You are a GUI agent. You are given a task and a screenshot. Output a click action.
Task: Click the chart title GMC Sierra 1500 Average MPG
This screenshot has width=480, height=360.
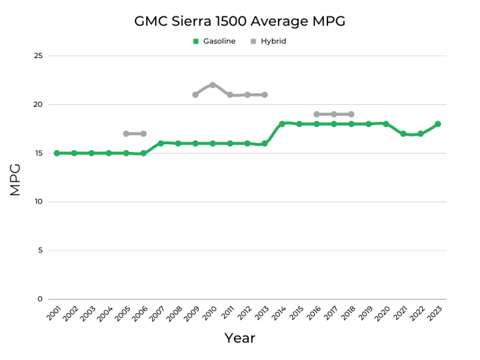pyautogui.click(x=240, y=21)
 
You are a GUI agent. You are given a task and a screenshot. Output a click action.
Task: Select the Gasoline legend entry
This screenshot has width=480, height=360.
pyautogui.click(x=214, y=41)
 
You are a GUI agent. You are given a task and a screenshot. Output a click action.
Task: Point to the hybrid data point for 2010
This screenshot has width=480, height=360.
pyautogui.click(x=212, y=85)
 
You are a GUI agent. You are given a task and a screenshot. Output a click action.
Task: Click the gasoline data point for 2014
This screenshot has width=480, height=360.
pyautogui.click(x=282, y=124)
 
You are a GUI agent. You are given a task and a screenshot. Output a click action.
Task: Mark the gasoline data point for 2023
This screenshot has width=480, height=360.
pyautogui.click(x=438, y=124)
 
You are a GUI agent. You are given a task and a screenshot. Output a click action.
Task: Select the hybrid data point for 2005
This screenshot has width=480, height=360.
pyautogui.click(x=126, y=134)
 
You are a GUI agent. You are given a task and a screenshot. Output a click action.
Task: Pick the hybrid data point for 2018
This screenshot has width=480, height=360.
pyautogui.click(x=351, y=114)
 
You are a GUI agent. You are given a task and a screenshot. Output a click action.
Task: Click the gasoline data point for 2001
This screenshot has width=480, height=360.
pyautogui.click(x=57, y=153)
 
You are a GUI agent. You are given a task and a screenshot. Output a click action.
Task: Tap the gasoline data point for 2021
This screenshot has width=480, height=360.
pyautogui.click(x=403, y=134)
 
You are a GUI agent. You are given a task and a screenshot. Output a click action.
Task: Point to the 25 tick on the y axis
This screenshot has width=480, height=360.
pyautogui.click(x=38, y=56)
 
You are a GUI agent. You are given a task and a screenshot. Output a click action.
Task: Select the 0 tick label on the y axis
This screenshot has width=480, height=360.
pyautogui.click(x=40, y=299)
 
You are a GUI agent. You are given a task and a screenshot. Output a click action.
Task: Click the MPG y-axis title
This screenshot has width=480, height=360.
pyautogui.click(x=16, y=179)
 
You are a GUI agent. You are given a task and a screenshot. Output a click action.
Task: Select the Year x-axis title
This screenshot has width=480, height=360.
pyautogui.click(x=240, y=338)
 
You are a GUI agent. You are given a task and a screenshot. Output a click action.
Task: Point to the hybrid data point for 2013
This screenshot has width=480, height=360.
pyautogui.click(x=264, y=95)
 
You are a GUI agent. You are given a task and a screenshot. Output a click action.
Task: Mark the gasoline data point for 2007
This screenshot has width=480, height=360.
pyautogui.click(x=161, y=143)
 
